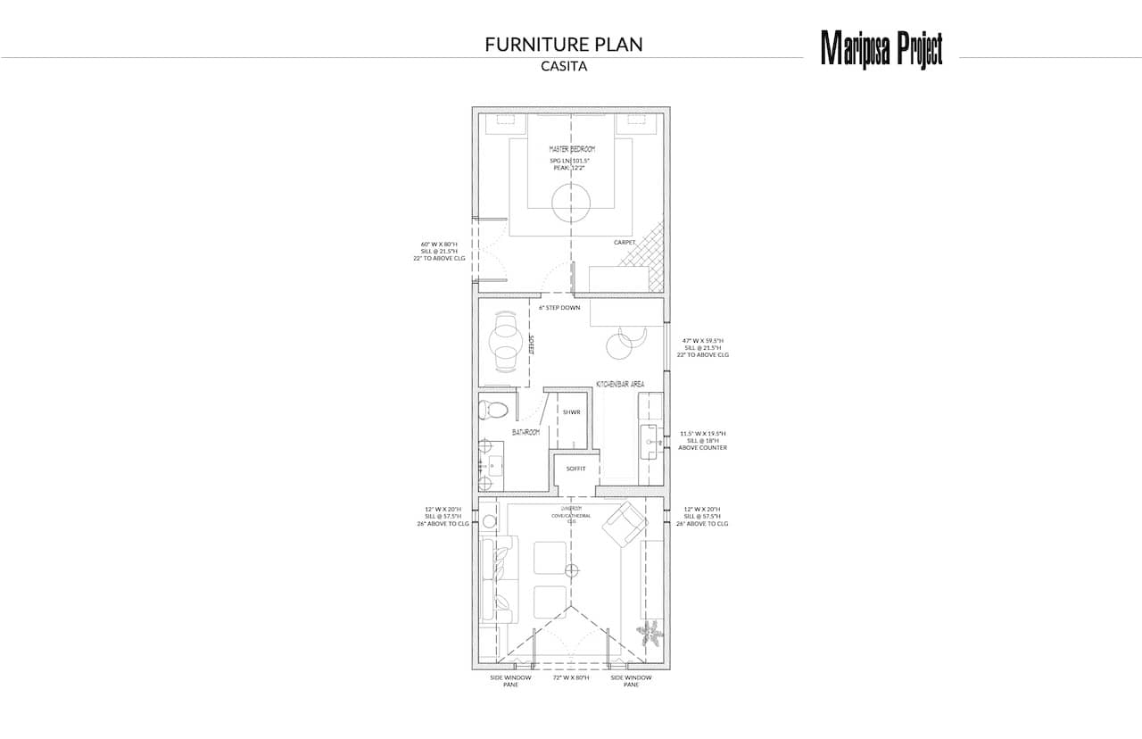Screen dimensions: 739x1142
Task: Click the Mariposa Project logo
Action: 881,48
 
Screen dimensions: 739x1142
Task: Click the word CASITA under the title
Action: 563,66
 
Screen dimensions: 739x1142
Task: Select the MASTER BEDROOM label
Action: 572,149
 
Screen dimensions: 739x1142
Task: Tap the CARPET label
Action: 624,242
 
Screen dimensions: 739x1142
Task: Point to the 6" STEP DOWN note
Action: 559,308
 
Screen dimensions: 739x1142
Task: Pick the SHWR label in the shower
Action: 571,412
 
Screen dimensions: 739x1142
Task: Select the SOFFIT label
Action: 575,468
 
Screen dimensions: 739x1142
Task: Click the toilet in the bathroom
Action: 493,410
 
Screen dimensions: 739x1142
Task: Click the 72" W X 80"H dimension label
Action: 571,678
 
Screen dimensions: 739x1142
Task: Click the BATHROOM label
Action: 526,433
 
